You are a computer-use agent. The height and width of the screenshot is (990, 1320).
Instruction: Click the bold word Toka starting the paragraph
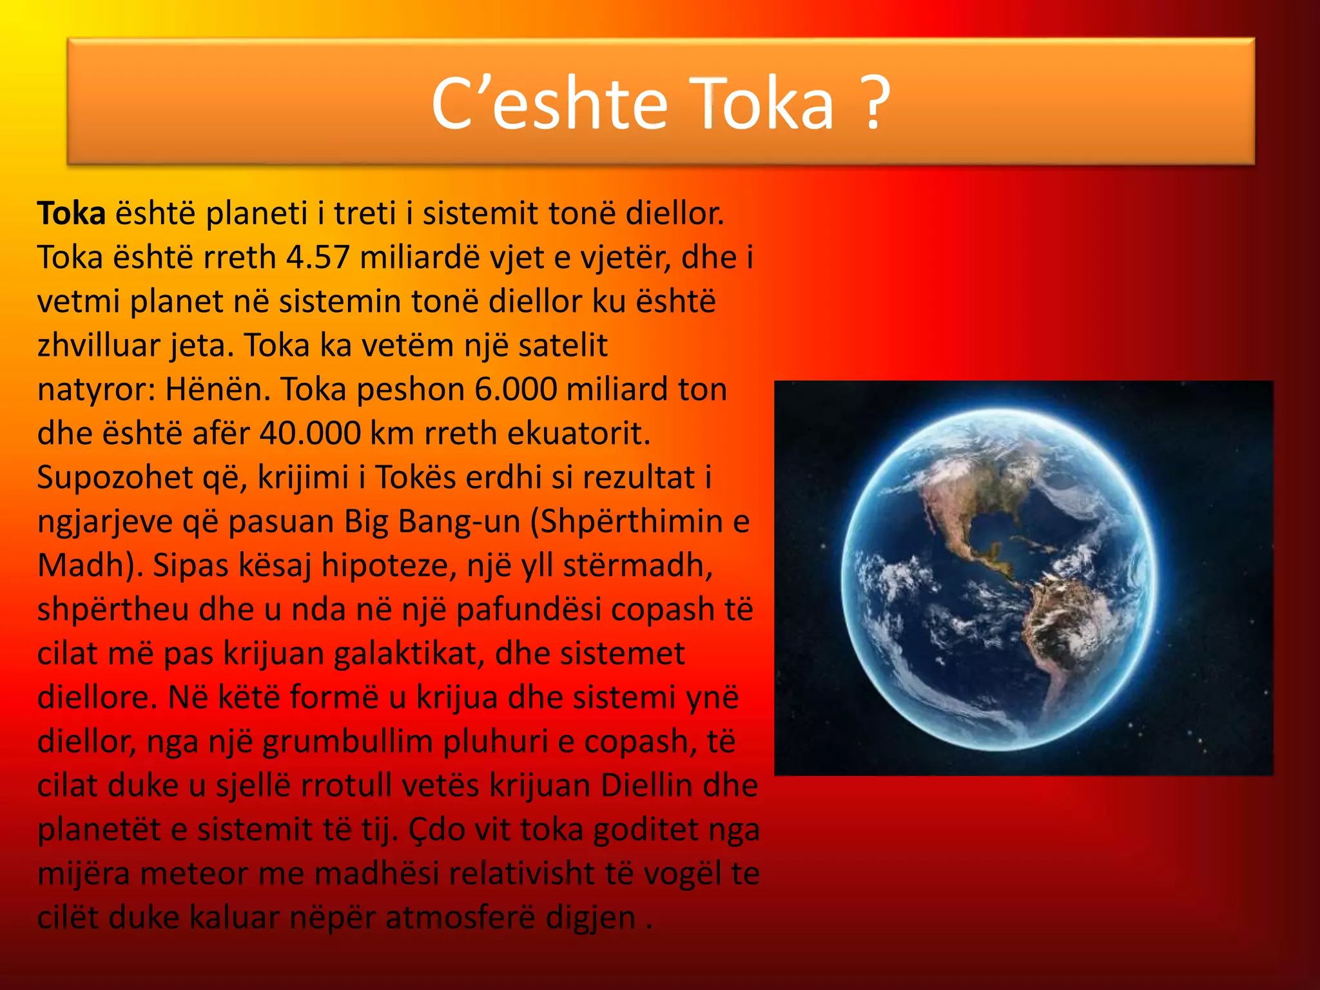pos(71,213)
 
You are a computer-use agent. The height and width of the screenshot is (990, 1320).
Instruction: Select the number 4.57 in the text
pos(318,257)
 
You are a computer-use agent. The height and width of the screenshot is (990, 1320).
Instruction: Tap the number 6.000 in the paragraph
pos(516,389)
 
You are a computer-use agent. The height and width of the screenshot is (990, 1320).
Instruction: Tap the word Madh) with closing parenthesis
pos(90,565)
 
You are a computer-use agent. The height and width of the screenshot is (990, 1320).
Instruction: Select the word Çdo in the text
pos(436,830)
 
